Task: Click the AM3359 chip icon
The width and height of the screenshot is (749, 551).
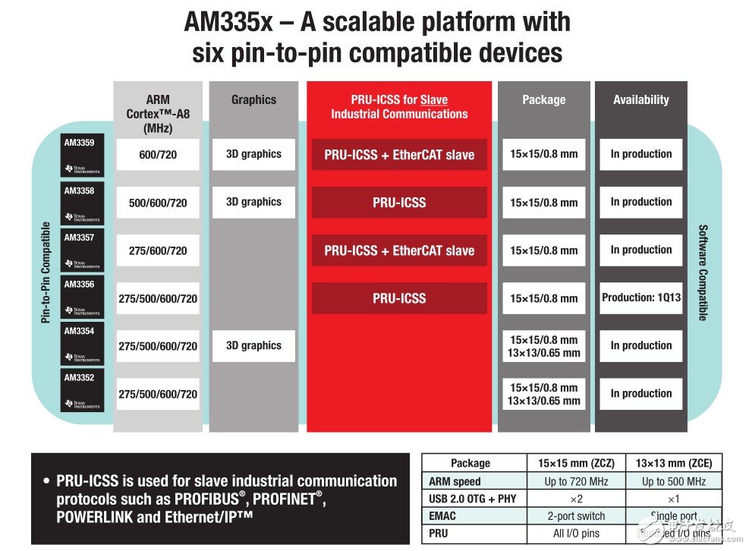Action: pyautogui.click(x=81, y=155)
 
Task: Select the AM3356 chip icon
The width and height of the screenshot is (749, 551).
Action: pyautogui.click(x=81, y=298)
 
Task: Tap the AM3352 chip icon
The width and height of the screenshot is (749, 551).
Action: pyautogui.click(x=81, y=391)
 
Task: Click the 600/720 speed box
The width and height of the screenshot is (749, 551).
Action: pyautogui.click(x=158, y=155)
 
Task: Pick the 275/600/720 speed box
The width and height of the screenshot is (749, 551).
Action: pyautogui.click(x=158, y=250)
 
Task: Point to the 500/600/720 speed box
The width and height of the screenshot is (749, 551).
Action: pyautogui.click(x=158, y=203)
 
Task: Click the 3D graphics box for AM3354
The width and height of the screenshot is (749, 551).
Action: pyautogui.click(x=253, y=345)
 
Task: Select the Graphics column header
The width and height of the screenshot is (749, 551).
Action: pyautogui.click(x=253, y=99)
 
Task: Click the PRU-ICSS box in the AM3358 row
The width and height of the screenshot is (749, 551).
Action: pyautogui.click(x=399, y=203)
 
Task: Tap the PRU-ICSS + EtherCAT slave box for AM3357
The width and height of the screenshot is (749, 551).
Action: pyautogui.click(x=399, y=250)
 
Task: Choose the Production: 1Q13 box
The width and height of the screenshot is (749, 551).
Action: pyautogui.click(x=641, y=298)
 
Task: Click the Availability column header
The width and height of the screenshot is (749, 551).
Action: pyautogui.click(x=641, y=99)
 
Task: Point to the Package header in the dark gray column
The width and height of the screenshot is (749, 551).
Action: pyautogui.click(x=544, y=99)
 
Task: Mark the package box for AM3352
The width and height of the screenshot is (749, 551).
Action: pyautogui.click(x=544, y=393)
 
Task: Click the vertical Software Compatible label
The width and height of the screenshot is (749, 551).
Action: pyautogui.click(x=702, y=272)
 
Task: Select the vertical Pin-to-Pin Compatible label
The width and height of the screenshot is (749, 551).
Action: pyautogui.click(x=46, y=272)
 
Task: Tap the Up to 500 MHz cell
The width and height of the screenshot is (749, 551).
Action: pyautogui.click(x=674, y=481)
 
